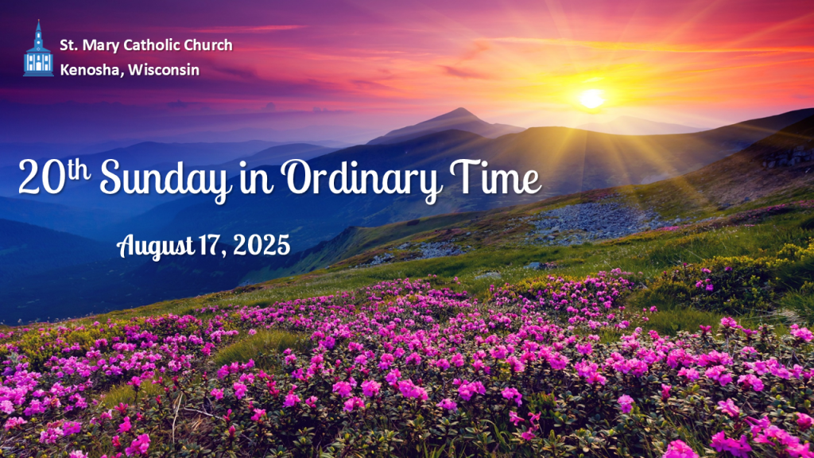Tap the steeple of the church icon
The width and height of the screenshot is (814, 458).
click(x=38, y=32)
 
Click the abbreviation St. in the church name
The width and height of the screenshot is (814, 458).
click(x=68, y=45)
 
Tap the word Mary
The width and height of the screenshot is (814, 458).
click(x=99, y=46)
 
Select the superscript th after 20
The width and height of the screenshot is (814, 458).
click(x=79, y=170)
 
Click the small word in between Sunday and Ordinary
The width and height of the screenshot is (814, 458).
click(x=257, y=180)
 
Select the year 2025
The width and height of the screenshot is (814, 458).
click(x=261, y=245)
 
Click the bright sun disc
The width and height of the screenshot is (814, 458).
click(x=591, y=99)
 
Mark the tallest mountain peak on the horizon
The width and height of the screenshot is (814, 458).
click(x=459, y=109)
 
